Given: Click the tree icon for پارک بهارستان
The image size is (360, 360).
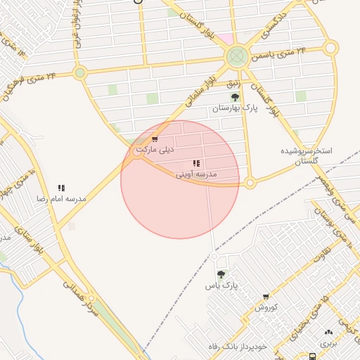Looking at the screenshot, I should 235,97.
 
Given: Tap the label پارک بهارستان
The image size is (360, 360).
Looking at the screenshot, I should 236,109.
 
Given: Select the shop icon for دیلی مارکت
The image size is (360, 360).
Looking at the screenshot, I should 155,139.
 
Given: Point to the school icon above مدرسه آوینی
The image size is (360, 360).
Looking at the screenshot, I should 195,163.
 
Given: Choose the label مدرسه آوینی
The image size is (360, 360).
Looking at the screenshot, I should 196,173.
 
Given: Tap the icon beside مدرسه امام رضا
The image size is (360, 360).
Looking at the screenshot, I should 61,188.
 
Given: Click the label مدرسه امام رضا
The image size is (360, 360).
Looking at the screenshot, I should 61,199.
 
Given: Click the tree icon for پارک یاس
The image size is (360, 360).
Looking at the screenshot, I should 221,275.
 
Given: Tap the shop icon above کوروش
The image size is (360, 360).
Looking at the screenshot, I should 266,297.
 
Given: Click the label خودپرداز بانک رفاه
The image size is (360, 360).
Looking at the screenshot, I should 238,347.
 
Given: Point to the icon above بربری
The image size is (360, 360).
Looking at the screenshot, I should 328,333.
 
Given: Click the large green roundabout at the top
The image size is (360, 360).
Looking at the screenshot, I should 237,56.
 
